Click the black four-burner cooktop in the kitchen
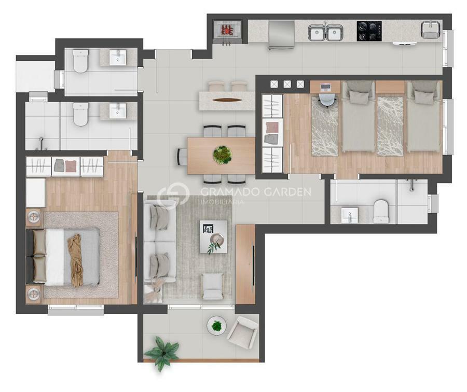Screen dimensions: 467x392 369,31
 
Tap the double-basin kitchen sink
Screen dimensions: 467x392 325,33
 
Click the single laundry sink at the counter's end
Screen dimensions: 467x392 430,30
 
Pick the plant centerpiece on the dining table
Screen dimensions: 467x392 223,155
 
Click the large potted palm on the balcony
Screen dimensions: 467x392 162,353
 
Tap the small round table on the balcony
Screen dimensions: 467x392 216,326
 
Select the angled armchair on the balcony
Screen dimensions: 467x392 242,332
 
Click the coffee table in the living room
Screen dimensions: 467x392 213,236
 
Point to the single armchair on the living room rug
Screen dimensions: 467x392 212,286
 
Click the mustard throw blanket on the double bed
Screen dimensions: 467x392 75,260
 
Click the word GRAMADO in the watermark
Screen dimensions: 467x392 229,192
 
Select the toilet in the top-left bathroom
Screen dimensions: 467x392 80,61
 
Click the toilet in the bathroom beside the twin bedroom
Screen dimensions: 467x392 381,212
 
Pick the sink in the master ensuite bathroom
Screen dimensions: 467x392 118,111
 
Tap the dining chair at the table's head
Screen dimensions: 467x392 182,157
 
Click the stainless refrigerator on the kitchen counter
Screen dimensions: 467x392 281,35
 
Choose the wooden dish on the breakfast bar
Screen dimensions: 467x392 228,100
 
